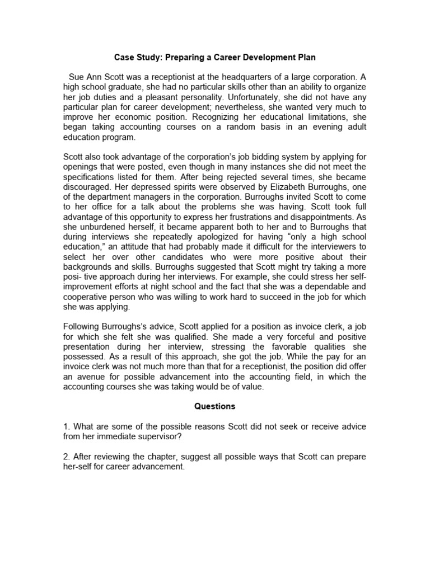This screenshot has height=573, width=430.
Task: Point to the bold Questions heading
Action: click(215, 406)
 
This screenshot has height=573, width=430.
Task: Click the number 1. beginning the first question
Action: click(66, 426)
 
